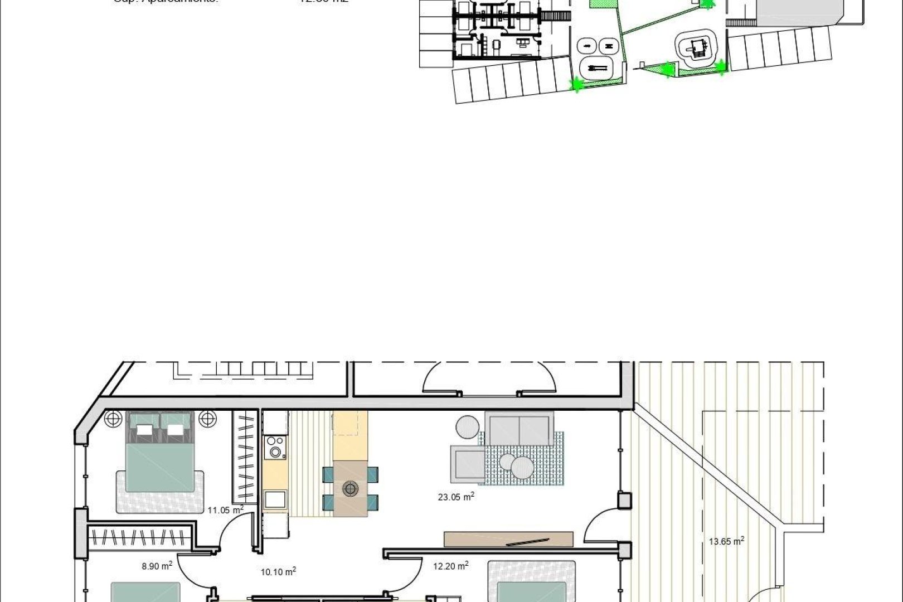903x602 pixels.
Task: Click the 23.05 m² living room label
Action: (x=455, y=497)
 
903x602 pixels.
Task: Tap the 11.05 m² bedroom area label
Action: (x=225, y=509)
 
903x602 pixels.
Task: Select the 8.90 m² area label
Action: (x=157, y=566)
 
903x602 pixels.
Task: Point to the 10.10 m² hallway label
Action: (x=278, y=571)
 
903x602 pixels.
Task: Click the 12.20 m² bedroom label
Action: (x=450, y=566)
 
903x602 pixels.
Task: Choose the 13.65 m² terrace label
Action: (x=726, y=541)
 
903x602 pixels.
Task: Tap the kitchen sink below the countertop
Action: (x=275, y=499)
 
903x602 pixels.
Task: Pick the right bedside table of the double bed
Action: (x=207, y=417)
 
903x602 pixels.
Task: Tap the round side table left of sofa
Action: (x=467, y=428)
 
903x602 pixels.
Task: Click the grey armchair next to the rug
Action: (x=468, y=466)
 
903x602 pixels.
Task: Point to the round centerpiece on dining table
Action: (x=350, y=489)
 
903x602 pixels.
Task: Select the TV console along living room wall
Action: (x=508, y=539)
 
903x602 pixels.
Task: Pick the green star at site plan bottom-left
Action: (x=576, y=85)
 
